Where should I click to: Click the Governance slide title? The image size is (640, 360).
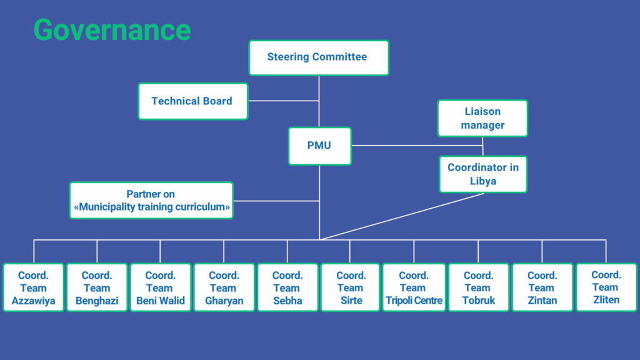(112, 30)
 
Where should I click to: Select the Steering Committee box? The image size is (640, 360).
(319, 57)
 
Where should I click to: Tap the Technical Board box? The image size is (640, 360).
(193, 101)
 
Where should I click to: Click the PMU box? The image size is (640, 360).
(319, 146)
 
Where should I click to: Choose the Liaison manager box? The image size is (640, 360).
(482, 118)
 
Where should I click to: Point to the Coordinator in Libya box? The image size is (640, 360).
(483, 174)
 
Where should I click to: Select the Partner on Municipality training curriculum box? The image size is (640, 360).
(151, 201)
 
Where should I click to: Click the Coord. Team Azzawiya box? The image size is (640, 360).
(34, 287)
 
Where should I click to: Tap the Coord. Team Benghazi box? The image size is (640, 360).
(97, 287)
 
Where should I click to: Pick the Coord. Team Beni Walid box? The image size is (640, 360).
(161, 287)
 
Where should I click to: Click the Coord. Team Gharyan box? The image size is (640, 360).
(224, 287)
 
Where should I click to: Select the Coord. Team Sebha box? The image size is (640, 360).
(287, 287)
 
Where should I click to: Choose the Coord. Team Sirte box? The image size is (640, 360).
(351, 287)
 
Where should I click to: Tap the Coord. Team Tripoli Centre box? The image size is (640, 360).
(414, 287)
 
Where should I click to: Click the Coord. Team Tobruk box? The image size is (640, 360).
(478, 287)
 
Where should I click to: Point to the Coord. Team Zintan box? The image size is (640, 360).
(542, 287)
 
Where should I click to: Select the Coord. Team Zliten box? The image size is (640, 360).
(606, 287)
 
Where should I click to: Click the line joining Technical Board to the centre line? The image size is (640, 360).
(284, 101)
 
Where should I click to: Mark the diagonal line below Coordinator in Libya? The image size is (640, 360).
(402, 216)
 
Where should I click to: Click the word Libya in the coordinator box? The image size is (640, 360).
(483, 181)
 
